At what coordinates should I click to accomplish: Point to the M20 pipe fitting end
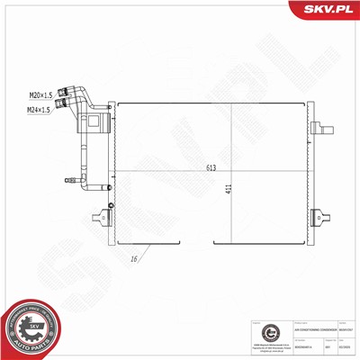(65, 90)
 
